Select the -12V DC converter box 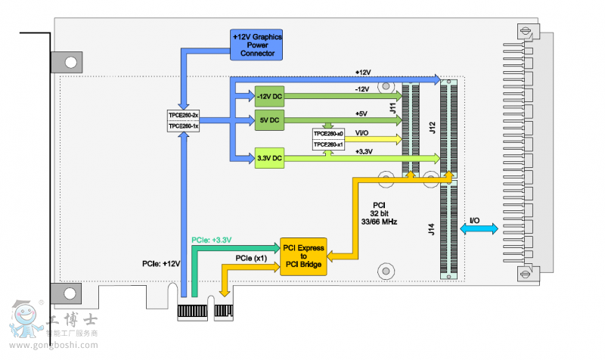point(268,97)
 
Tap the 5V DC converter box point(268,120)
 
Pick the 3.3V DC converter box point(268,157)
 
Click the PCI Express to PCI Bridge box point(303,256)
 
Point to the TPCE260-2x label point(183,115)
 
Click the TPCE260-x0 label point(328,134)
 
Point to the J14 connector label point(432,227)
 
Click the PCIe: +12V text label point(161,263)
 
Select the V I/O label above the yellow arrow point(361,132)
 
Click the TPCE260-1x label point(183,126)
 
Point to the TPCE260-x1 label point(328,144)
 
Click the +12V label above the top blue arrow point(363,72)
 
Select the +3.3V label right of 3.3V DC point(364,151)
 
